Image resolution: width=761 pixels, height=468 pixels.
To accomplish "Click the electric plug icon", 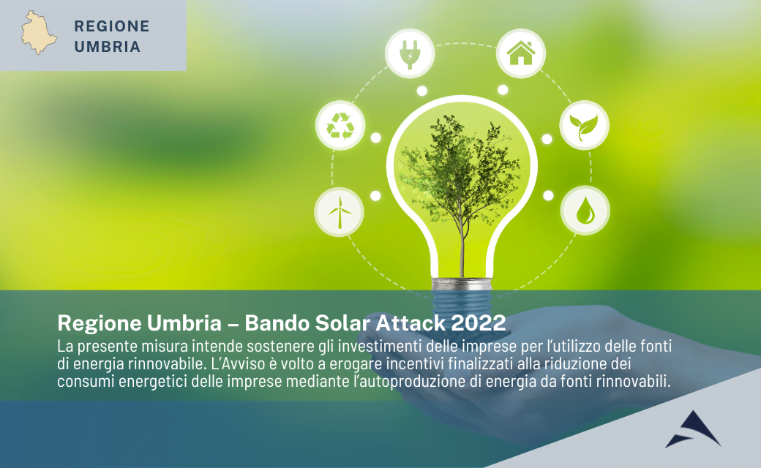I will tap(410, 53).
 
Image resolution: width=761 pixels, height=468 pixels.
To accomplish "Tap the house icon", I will tap(520, 53).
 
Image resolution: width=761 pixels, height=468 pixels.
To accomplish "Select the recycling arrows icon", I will tap(340, 125).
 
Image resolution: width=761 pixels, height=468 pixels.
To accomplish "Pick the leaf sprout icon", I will tap(584, 125).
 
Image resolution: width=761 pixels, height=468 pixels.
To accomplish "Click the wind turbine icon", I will tap(339, 212).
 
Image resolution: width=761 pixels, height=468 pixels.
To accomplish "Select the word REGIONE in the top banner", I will tap(112, 26).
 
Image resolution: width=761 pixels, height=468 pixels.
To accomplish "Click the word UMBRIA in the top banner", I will tap(107, 47).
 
